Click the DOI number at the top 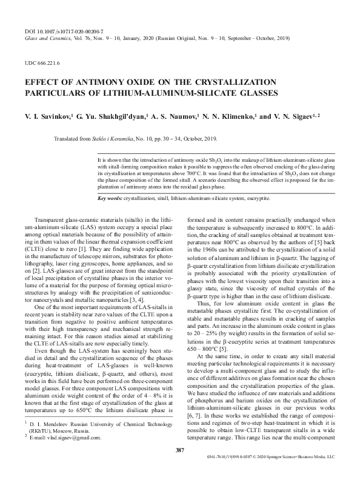[67, 29]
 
